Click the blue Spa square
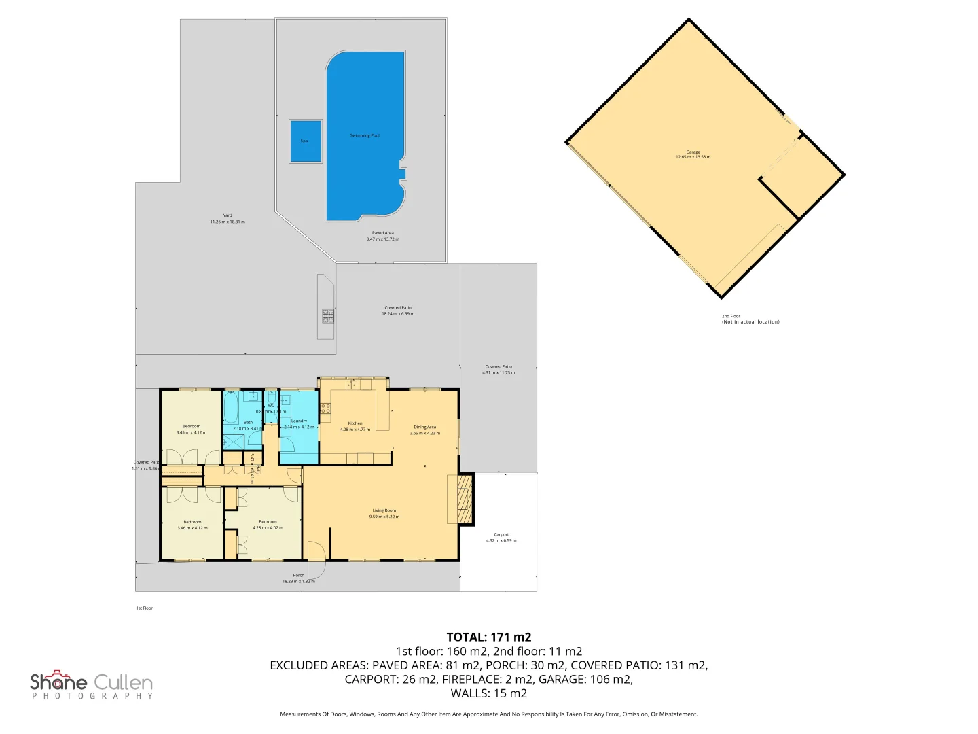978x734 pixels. point(305,141)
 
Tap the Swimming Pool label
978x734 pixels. point(365,135)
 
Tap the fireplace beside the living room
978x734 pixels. point(465,499)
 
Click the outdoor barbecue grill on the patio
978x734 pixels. point(327,315)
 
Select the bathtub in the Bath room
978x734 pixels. point(231,408)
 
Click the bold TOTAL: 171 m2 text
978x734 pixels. point(488,637)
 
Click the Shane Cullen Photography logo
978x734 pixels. point(92,685)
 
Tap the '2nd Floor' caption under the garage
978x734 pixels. point(731,316)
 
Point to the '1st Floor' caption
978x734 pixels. point(144,608)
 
